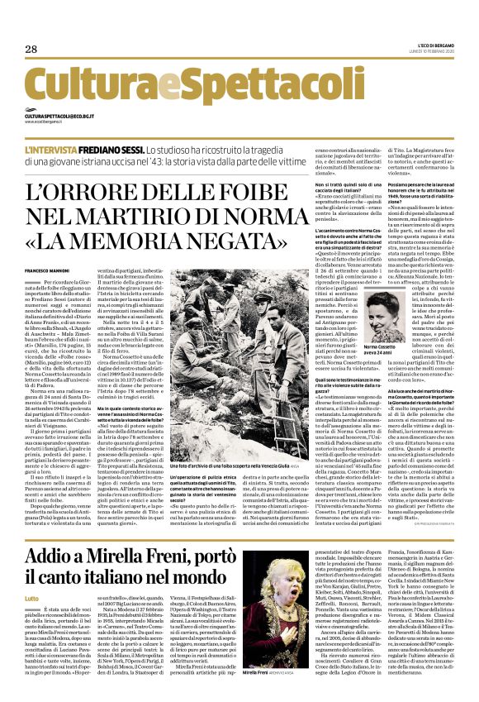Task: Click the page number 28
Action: [31, 50]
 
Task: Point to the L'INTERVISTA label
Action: [74, 150]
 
